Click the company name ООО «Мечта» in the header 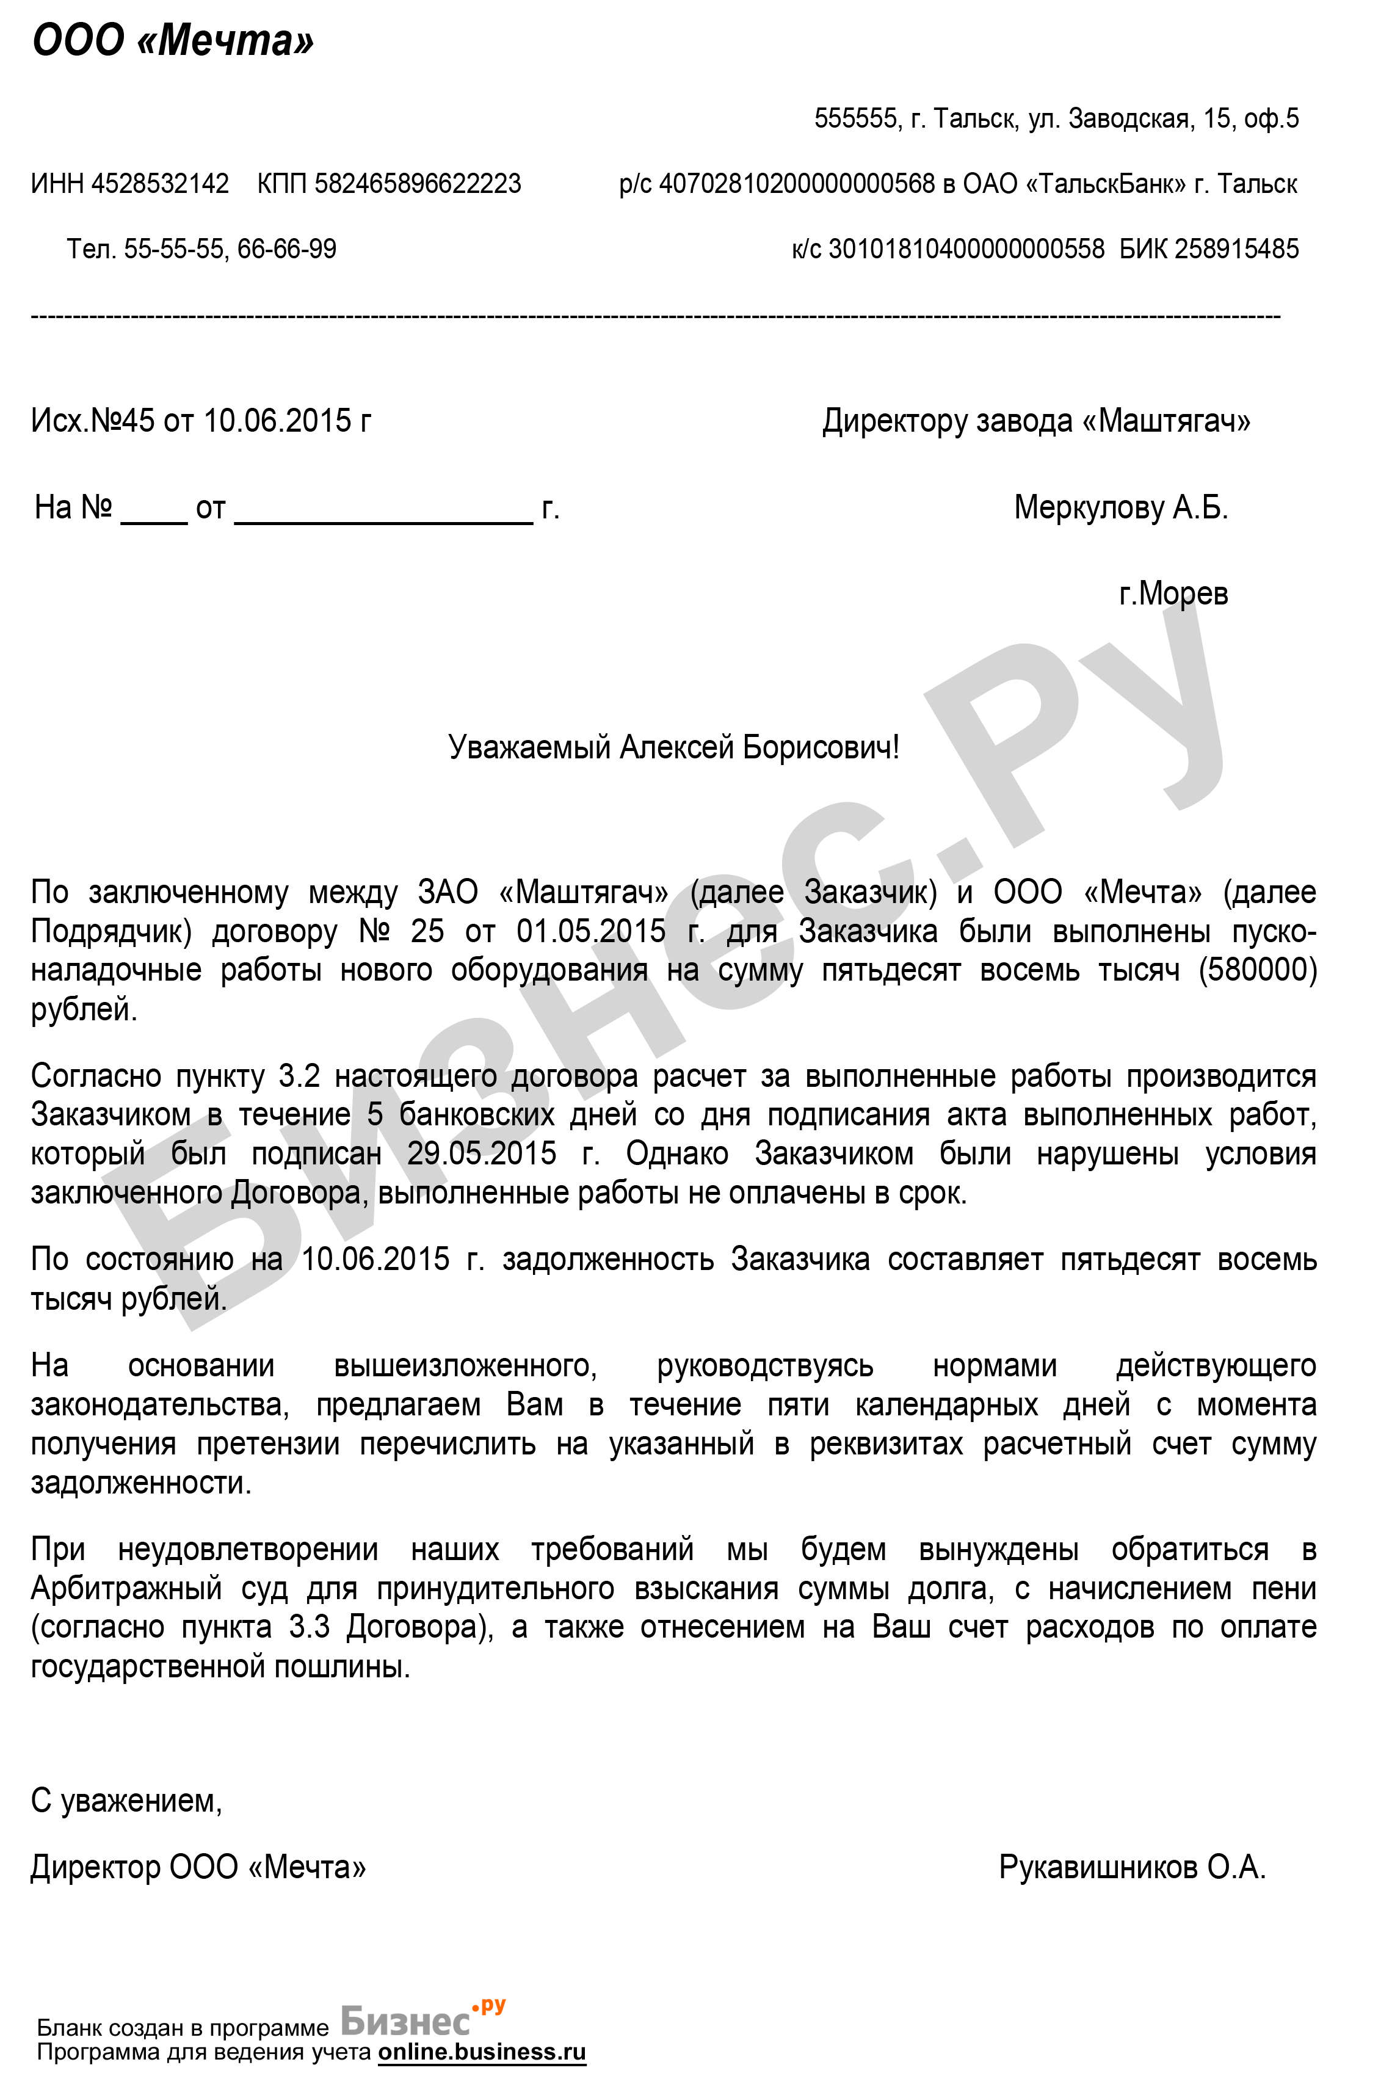(x=173, y=42)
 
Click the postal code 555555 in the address (x=855, y=118)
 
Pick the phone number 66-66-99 (x=287, y=249)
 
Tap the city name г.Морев (x=1173, y=593)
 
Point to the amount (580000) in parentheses (x=1257, y=970)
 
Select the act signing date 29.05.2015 (x=482, y=1154)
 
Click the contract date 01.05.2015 (x=590, y=931)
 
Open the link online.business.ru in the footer (x=482, y=2051)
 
